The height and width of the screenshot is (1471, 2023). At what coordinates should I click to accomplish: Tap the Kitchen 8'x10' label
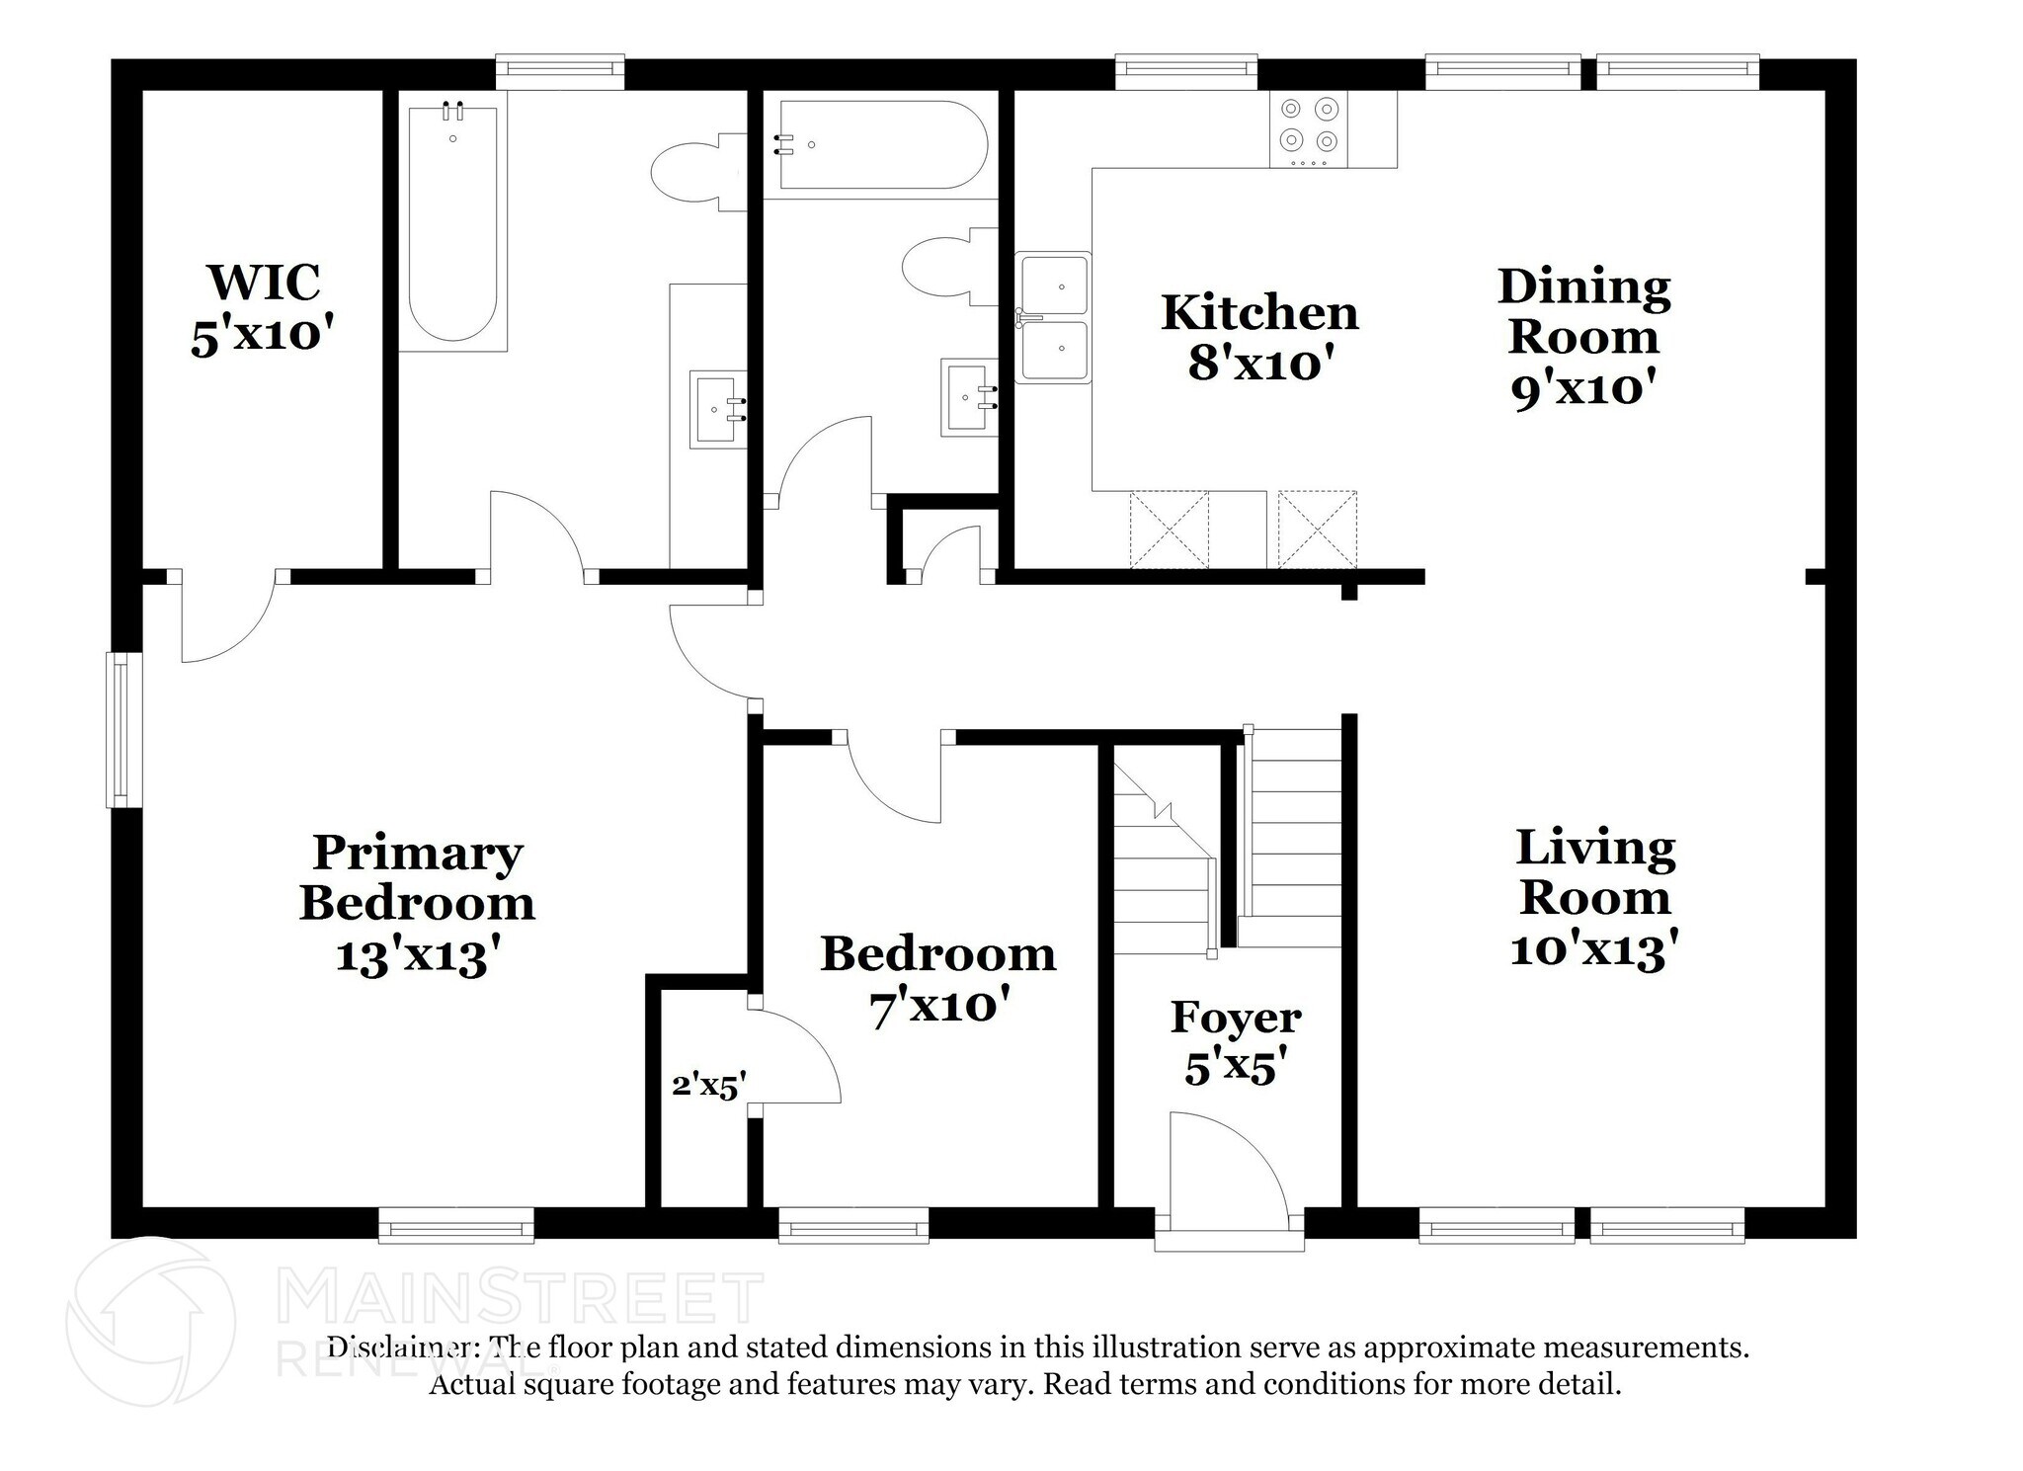coord(1259,338)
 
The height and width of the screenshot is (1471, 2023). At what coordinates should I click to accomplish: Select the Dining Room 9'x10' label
coord(1583,337)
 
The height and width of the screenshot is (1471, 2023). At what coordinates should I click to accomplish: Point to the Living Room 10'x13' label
coord(1594,898)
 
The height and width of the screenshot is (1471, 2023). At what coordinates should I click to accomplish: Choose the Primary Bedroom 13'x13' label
coord(417,903)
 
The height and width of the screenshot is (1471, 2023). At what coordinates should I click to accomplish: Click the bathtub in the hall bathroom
coord(881,145)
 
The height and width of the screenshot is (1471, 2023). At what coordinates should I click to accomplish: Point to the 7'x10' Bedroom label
coord(937,980)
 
